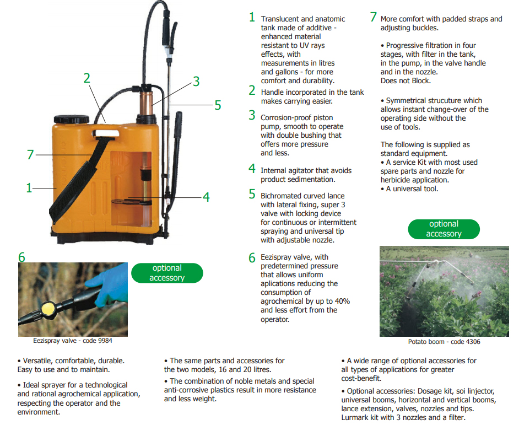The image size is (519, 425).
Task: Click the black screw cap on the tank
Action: coord(72,119)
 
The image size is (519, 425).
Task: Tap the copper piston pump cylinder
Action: coord(145,103)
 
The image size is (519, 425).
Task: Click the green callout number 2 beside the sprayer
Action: coord(86,78)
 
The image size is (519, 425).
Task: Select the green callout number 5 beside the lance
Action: coord(218,105)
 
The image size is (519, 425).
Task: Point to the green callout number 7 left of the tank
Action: coord(30,155)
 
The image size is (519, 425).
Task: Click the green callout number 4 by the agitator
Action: coord(206,197)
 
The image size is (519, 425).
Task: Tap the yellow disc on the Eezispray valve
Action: coord(48,309)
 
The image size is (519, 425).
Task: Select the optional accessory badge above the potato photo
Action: coord(444,229)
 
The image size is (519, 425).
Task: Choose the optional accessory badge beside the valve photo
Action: coord(167,273)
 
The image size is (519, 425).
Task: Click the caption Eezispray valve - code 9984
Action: coord(73,341)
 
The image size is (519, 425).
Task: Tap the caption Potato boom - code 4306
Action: coord(444,342)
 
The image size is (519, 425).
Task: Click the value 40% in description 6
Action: coord(342,301)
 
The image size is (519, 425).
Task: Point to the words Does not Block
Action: coord(406,81)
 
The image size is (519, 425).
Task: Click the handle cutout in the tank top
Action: coord(106,133)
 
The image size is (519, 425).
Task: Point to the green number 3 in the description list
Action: coord(252,115)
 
